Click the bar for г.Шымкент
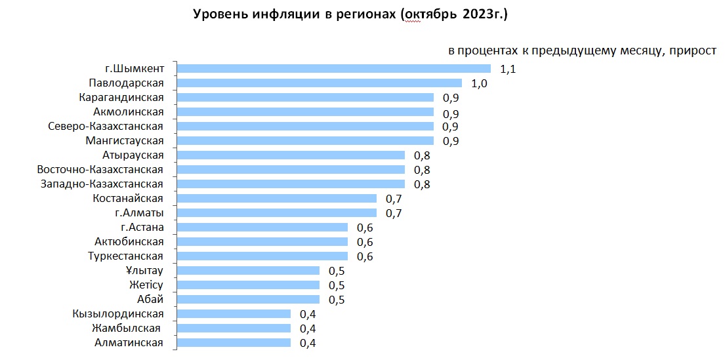(x=334, y=68)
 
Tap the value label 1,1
(x=508, y=69)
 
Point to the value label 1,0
(x=479, y=83)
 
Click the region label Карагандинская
(x=121, y=97)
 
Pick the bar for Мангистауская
(x=305, y=140)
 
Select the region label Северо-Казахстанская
(x=106, y=126)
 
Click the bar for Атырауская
(x=291, y=155)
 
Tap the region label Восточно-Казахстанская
(x=100, y=169)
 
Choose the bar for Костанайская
(x=277, y=198)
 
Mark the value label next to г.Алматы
(x=394, y=213)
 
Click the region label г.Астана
(x=142, y=228)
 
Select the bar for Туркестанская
(x=262, y=256)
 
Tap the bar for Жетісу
(x=248, y=285)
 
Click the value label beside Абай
(x=337, y=300)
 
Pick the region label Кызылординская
(x=118, y=313)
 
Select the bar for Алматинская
(x=234, y=342)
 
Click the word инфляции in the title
(x=280, y=14)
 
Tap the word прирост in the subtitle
(x=694, y=50)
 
